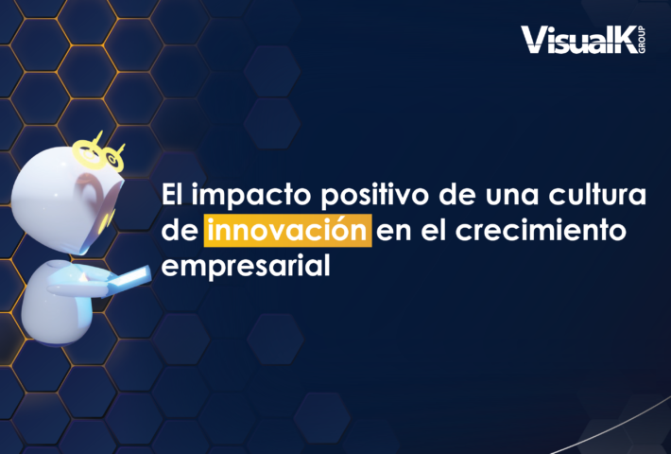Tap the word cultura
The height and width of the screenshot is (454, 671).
(597, 195)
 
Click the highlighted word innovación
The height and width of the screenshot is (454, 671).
(287, 231)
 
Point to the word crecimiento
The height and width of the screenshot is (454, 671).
(541, 230)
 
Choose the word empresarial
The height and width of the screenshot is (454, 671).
(246, 266)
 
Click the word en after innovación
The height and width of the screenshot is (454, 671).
(394, 233)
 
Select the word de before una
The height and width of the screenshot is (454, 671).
(456, 195)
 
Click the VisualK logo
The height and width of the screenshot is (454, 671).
(583, 40)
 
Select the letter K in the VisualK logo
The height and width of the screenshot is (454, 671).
(624, 40)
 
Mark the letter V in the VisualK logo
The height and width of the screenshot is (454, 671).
(533, 40)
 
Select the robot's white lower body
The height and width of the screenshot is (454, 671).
(58, 305)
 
